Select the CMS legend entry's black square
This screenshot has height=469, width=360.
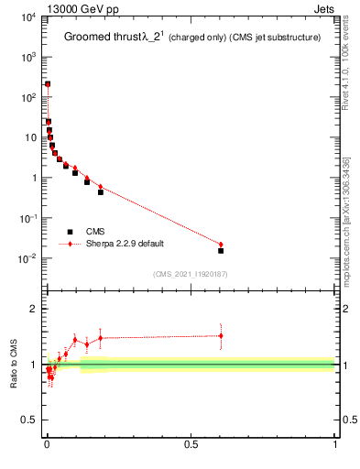coord(70,232)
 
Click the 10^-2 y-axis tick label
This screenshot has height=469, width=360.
coord(26,258)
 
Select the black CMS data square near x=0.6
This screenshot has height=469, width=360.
coord(221,250)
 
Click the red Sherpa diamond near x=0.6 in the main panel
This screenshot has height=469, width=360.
coord(221,245)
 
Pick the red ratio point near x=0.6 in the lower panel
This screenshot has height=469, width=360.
coord(221,335)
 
